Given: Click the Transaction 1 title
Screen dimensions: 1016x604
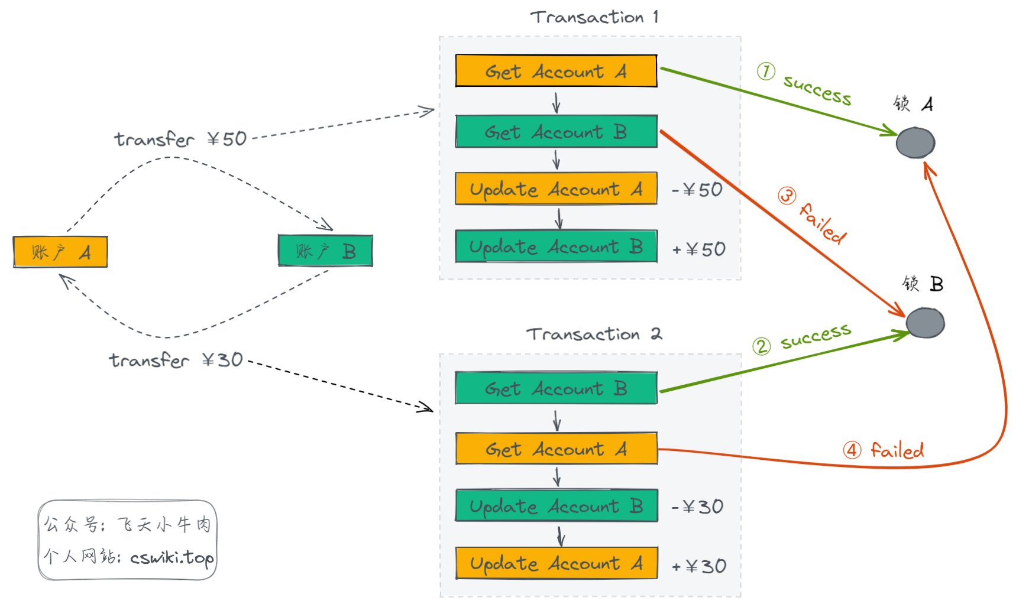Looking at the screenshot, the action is tap(594, 17).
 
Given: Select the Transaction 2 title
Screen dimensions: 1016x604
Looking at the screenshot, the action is tap(594, 334).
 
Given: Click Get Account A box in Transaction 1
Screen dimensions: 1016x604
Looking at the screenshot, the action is tap(556, 71).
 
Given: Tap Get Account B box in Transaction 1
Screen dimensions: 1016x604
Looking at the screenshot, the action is tap(556, 131).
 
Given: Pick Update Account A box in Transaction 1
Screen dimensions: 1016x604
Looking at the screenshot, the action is tap(556, 189).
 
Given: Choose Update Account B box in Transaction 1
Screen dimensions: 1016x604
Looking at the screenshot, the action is tap(556, 246).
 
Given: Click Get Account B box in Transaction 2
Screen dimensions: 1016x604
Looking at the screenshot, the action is tap(556, 388).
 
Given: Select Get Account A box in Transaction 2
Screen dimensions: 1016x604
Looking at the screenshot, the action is tap(556, 448).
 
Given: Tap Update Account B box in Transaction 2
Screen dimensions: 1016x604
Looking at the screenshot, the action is tap(556, 505).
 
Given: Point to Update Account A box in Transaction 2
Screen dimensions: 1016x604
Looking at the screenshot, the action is tap(556, 563).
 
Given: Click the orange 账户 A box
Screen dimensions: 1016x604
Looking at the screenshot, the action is tap(60, 252).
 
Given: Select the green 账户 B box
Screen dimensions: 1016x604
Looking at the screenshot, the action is tap(325, 251).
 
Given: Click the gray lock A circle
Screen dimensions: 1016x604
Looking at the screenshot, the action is tap(915, 142).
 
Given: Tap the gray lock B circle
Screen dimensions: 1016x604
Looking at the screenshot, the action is tap(926, 323).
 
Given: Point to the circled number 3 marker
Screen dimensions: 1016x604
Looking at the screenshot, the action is tap(787, 195).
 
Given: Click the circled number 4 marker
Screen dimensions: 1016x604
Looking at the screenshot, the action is tap(852, 450).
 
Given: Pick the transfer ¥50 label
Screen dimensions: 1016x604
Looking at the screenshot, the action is tap(180, 139).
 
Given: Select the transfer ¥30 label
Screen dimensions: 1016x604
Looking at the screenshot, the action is tap(176, 360).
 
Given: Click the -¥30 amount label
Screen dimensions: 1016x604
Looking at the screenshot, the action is tap(698, 506).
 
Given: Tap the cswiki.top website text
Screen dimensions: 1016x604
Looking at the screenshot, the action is tap(172, 557).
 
